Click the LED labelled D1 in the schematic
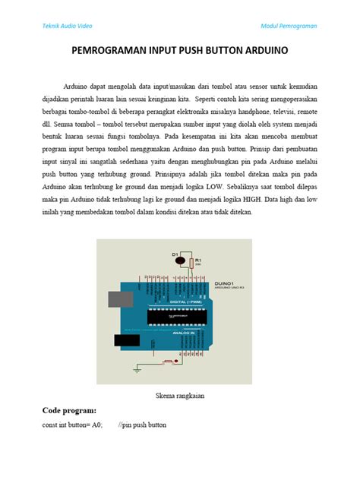pyautogui.click(x=180, y=261)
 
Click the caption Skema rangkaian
pyautogui.click(x=181, y=395)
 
